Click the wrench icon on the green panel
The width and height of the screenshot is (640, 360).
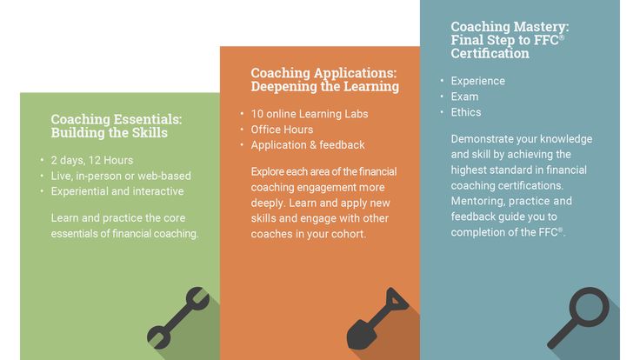tap(178, 318)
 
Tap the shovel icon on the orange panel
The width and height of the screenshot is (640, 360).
tap(377, 318)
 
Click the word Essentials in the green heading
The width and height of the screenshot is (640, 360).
tap(148, 119)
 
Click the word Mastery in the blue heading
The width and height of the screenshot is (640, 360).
tap(541, 27)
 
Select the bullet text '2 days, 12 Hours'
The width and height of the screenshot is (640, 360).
tap(92, 160)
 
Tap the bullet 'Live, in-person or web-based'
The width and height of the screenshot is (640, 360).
tap(121, 176)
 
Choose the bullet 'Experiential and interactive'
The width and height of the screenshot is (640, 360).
tap(117, 191)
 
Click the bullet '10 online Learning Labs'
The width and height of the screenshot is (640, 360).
tap(310, 114)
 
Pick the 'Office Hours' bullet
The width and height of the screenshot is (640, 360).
tap(282, 130)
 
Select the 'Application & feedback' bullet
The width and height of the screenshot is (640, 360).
tap(308, 145)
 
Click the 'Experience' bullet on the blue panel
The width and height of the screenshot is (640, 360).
tap(478, 81)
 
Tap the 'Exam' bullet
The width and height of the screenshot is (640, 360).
tap(464, 97)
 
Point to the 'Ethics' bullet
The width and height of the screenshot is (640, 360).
tap(466, 112)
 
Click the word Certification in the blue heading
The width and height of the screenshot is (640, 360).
tap(490, 53)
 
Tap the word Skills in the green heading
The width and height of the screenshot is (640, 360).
tap(150, 133)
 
